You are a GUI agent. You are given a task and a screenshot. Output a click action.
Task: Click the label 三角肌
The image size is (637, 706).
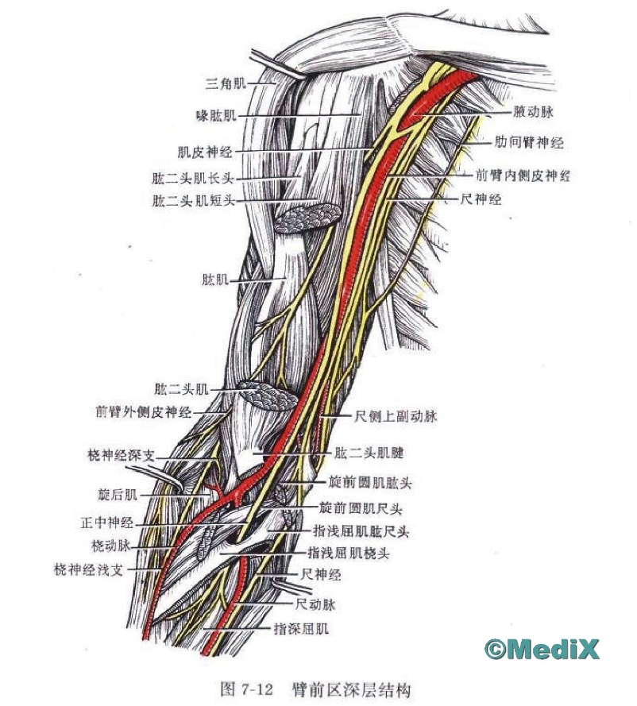[226, 83]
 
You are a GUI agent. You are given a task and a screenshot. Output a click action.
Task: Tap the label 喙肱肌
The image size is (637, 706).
[217, 115]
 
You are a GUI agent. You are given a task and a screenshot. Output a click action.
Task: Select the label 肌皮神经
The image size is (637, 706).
[205, 152]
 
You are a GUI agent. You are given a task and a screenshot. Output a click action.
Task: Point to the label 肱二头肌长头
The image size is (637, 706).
[193, 179]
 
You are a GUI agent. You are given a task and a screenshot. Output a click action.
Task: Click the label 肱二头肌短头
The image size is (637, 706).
[194, 200]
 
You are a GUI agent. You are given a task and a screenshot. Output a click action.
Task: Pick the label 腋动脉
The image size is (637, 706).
[533, 112]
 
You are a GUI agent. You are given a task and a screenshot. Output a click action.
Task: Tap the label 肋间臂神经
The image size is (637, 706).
[529, 143]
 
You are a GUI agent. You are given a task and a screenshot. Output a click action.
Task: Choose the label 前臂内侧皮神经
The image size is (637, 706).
[523, 176]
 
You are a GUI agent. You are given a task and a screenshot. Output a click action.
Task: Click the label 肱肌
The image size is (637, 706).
[215, 280]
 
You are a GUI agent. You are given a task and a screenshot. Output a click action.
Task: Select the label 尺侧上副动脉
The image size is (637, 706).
[396, 416]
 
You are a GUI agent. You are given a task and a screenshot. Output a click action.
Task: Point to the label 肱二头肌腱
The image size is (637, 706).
[369, 453]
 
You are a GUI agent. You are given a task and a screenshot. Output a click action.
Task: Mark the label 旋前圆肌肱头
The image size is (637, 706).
[370, 483]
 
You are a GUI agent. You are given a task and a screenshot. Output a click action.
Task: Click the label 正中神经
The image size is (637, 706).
[107, 523]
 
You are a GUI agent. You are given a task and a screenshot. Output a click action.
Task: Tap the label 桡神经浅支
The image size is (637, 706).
[88, 569]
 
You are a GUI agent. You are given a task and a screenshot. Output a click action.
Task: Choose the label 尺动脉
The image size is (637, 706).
[315, 604]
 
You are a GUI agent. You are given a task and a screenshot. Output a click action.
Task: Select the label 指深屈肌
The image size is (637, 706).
[301, 628]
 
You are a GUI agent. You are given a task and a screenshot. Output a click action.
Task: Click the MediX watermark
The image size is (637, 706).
[542, 649]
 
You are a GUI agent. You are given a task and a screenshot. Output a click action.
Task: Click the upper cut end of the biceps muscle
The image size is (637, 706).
[307, 218]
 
